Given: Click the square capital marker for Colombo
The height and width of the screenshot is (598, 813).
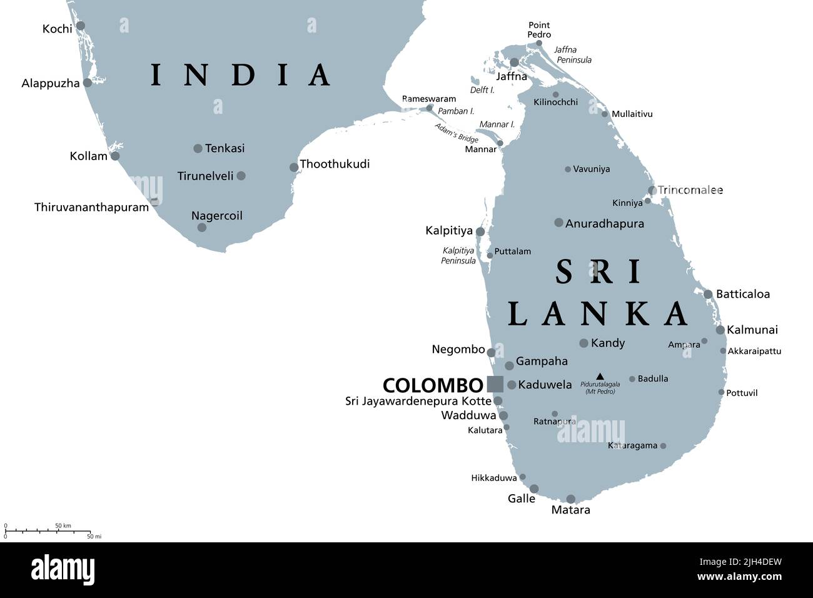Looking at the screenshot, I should pos(495,384).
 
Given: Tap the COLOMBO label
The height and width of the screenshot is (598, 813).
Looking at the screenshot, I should pos(433,385).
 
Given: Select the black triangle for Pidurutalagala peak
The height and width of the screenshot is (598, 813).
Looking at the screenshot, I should pos(600,377).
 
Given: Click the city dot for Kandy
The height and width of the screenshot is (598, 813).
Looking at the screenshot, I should pos(583,343).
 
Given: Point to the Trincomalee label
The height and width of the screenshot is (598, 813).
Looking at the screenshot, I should pos(690,190).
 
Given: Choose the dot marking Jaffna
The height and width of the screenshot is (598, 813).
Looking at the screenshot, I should pos(514,63).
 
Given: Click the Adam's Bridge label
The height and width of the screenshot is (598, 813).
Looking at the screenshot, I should pos(457,133).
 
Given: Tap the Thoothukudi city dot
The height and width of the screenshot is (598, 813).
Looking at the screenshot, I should pos(294,167).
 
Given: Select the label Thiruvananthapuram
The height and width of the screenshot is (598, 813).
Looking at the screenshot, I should pos(91,207).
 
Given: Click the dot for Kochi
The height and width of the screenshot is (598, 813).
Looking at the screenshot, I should pos(81,26).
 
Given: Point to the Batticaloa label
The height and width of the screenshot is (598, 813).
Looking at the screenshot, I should pos(742,294).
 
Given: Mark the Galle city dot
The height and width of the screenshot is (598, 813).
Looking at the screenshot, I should pos(534,489).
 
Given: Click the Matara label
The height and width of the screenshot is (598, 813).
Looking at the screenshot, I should pos(570,510).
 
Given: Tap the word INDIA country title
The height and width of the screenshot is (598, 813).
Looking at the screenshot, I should pos(241,74).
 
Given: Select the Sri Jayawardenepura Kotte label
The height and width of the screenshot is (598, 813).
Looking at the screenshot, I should pos(418,401).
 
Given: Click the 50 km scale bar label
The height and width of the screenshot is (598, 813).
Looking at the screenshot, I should pos(63,525).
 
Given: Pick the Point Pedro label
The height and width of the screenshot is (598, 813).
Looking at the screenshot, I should pos(538,30).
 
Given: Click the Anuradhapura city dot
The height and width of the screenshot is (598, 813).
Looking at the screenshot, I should pos(558,223).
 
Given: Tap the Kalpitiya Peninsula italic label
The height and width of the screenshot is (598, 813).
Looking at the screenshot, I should pos(458,255).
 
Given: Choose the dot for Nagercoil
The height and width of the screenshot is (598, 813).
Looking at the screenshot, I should pos(201,227).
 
